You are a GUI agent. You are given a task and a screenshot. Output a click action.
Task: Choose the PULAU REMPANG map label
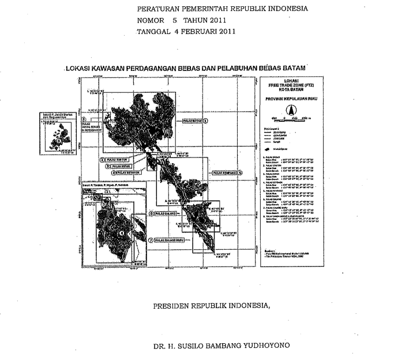tap(224, 172)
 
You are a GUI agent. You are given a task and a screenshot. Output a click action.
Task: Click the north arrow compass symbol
tap(293, 110)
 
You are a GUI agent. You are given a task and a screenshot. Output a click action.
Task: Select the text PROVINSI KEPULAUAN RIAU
tap(293, 100)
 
